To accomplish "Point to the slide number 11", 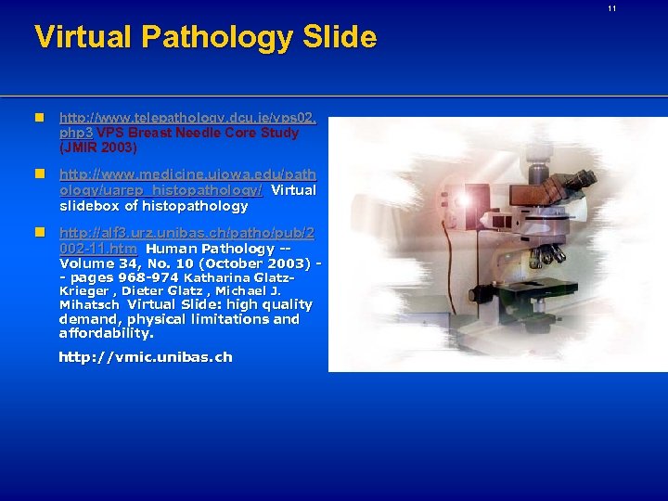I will (611, 8).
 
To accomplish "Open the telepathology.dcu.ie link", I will (186, 119).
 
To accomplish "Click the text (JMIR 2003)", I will (97, 148).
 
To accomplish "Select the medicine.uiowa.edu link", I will (186, 174).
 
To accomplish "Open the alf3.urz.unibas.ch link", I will (186, 234).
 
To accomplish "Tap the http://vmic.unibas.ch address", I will (146, 357).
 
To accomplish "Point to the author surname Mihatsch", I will (89, 304).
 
